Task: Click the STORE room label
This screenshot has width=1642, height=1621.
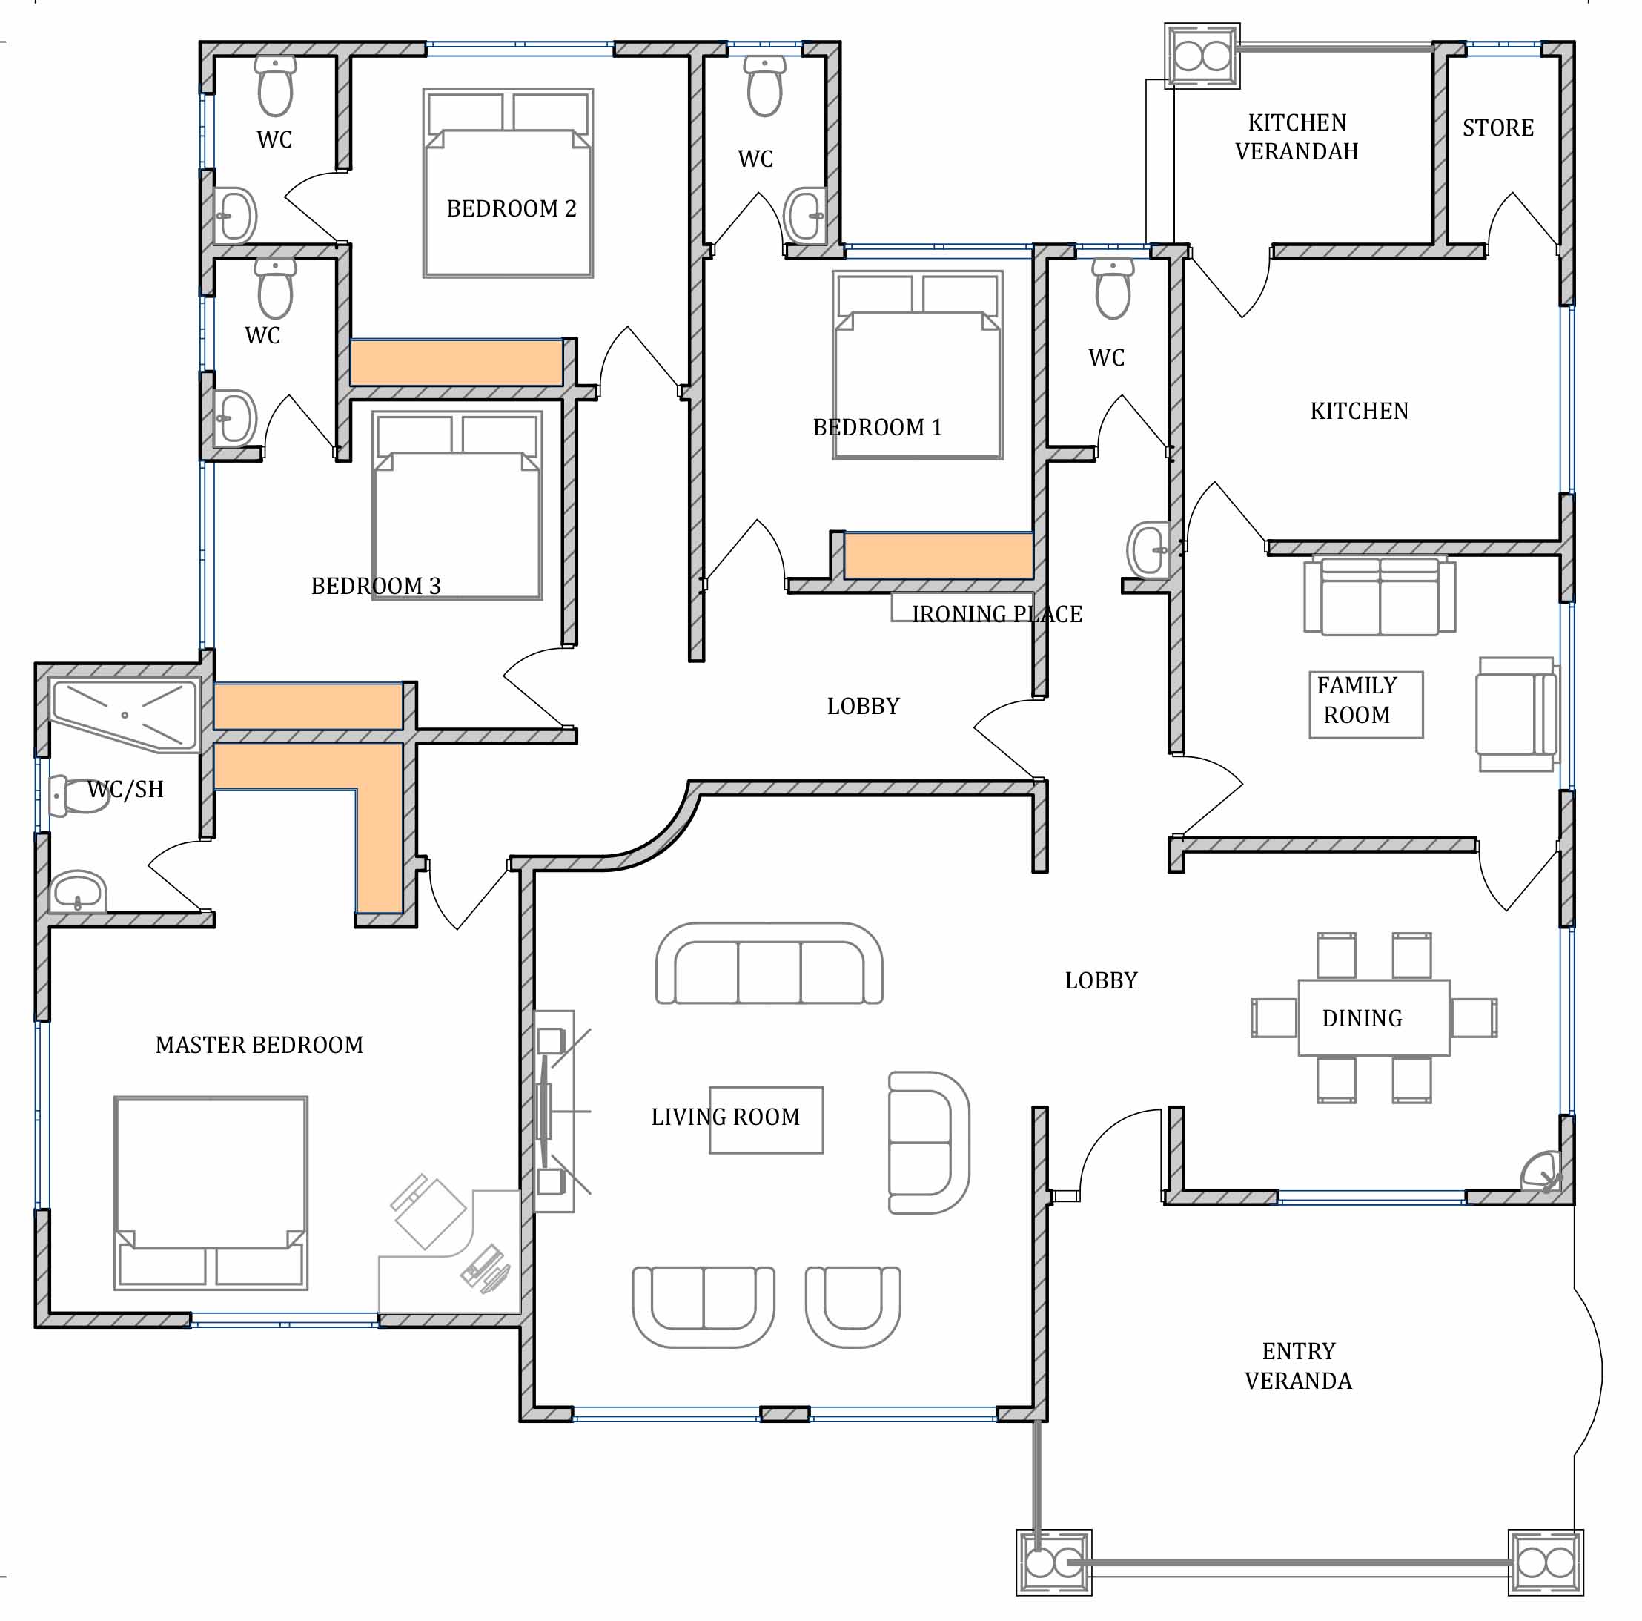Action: point(1497,128)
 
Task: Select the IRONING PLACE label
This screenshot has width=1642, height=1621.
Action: point(997,614)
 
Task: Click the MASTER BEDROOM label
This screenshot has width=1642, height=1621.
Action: point(259,1045)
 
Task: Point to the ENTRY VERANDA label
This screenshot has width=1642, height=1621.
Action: point(1298,1366)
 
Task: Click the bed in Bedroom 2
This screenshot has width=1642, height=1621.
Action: point(509,182)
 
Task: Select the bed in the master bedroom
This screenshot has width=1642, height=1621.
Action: point(211,1192)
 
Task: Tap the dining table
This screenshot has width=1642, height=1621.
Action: point(1374,1017)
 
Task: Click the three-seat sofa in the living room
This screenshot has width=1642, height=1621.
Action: point(769,963)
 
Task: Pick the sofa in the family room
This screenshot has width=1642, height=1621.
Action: point(1380,595)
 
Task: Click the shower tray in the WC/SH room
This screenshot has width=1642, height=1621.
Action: point(125,715)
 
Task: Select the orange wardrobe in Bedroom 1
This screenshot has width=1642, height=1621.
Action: point(938,556)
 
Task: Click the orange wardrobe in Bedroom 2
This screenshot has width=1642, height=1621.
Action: point(457,363)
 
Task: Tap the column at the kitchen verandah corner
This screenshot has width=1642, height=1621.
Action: point(1202,56)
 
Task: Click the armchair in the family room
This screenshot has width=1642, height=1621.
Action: point(1516,714)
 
